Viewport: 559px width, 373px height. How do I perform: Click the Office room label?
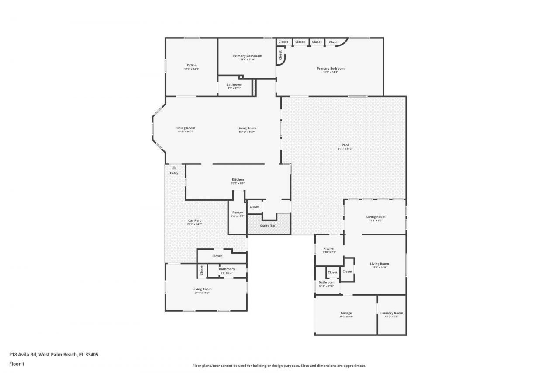tap(191, 66)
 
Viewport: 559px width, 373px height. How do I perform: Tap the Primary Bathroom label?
tap(247, 56)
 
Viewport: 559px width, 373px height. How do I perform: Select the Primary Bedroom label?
tap(330, 69)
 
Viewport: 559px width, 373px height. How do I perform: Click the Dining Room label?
tap(185, 128)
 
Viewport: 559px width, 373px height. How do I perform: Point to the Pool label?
tap(345, 145)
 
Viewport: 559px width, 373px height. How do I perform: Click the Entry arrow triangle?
tap(174, 167)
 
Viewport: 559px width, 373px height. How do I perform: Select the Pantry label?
tap(238, 213)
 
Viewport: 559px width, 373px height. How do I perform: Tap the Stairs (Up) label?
tap(268, 226)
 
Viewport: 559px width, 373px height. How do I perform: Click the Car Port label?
tap(194, 221)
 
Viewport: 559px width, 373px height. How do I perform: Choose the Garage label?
tap(346, 313)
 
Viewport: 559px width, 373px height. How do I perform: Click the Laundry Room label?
tap(391, 313)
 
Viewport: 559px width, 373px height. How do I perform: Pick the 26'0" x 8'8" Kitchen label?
tap(238, 180)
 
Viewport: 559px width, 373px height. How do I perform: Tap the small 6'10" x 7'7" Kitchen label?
tap(329, 248)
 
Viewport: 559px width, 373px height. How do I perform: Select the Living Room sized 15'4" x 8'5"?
tap(375, 217)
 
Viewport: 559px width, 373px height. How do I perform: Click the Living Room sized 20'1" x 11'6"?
tap(202, 289)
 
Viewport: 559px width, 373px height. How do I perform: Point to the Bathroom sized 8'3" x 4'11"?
tap(234, 85)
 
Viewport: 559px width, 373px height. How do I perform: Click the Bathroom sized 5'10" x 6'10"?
tap(326, 282)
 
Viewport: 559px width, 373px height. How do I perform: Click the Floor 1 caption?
tap(16, 363)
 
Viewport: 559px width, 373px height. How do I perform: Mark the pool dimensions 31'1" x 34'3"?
tap(345, 149)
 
